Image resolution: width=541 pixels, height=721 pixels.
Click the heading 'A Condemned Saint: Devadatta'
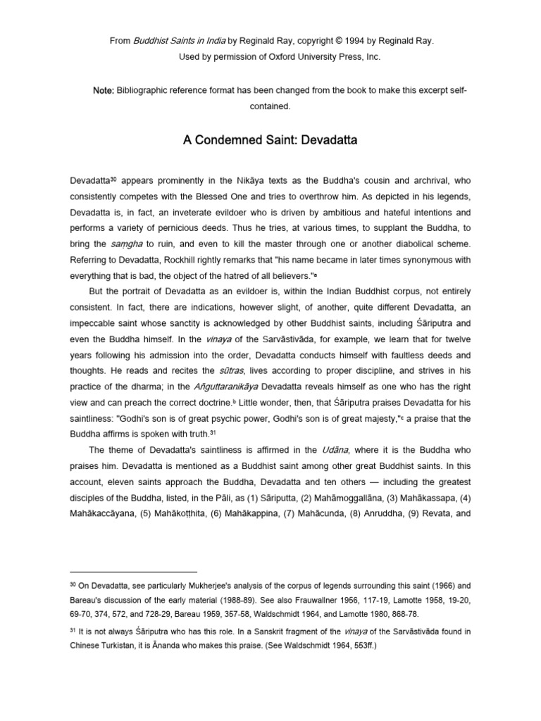coord(270,140)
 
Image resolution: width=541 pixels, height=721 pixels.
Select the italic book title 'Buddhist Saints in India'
coord(173,42)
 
